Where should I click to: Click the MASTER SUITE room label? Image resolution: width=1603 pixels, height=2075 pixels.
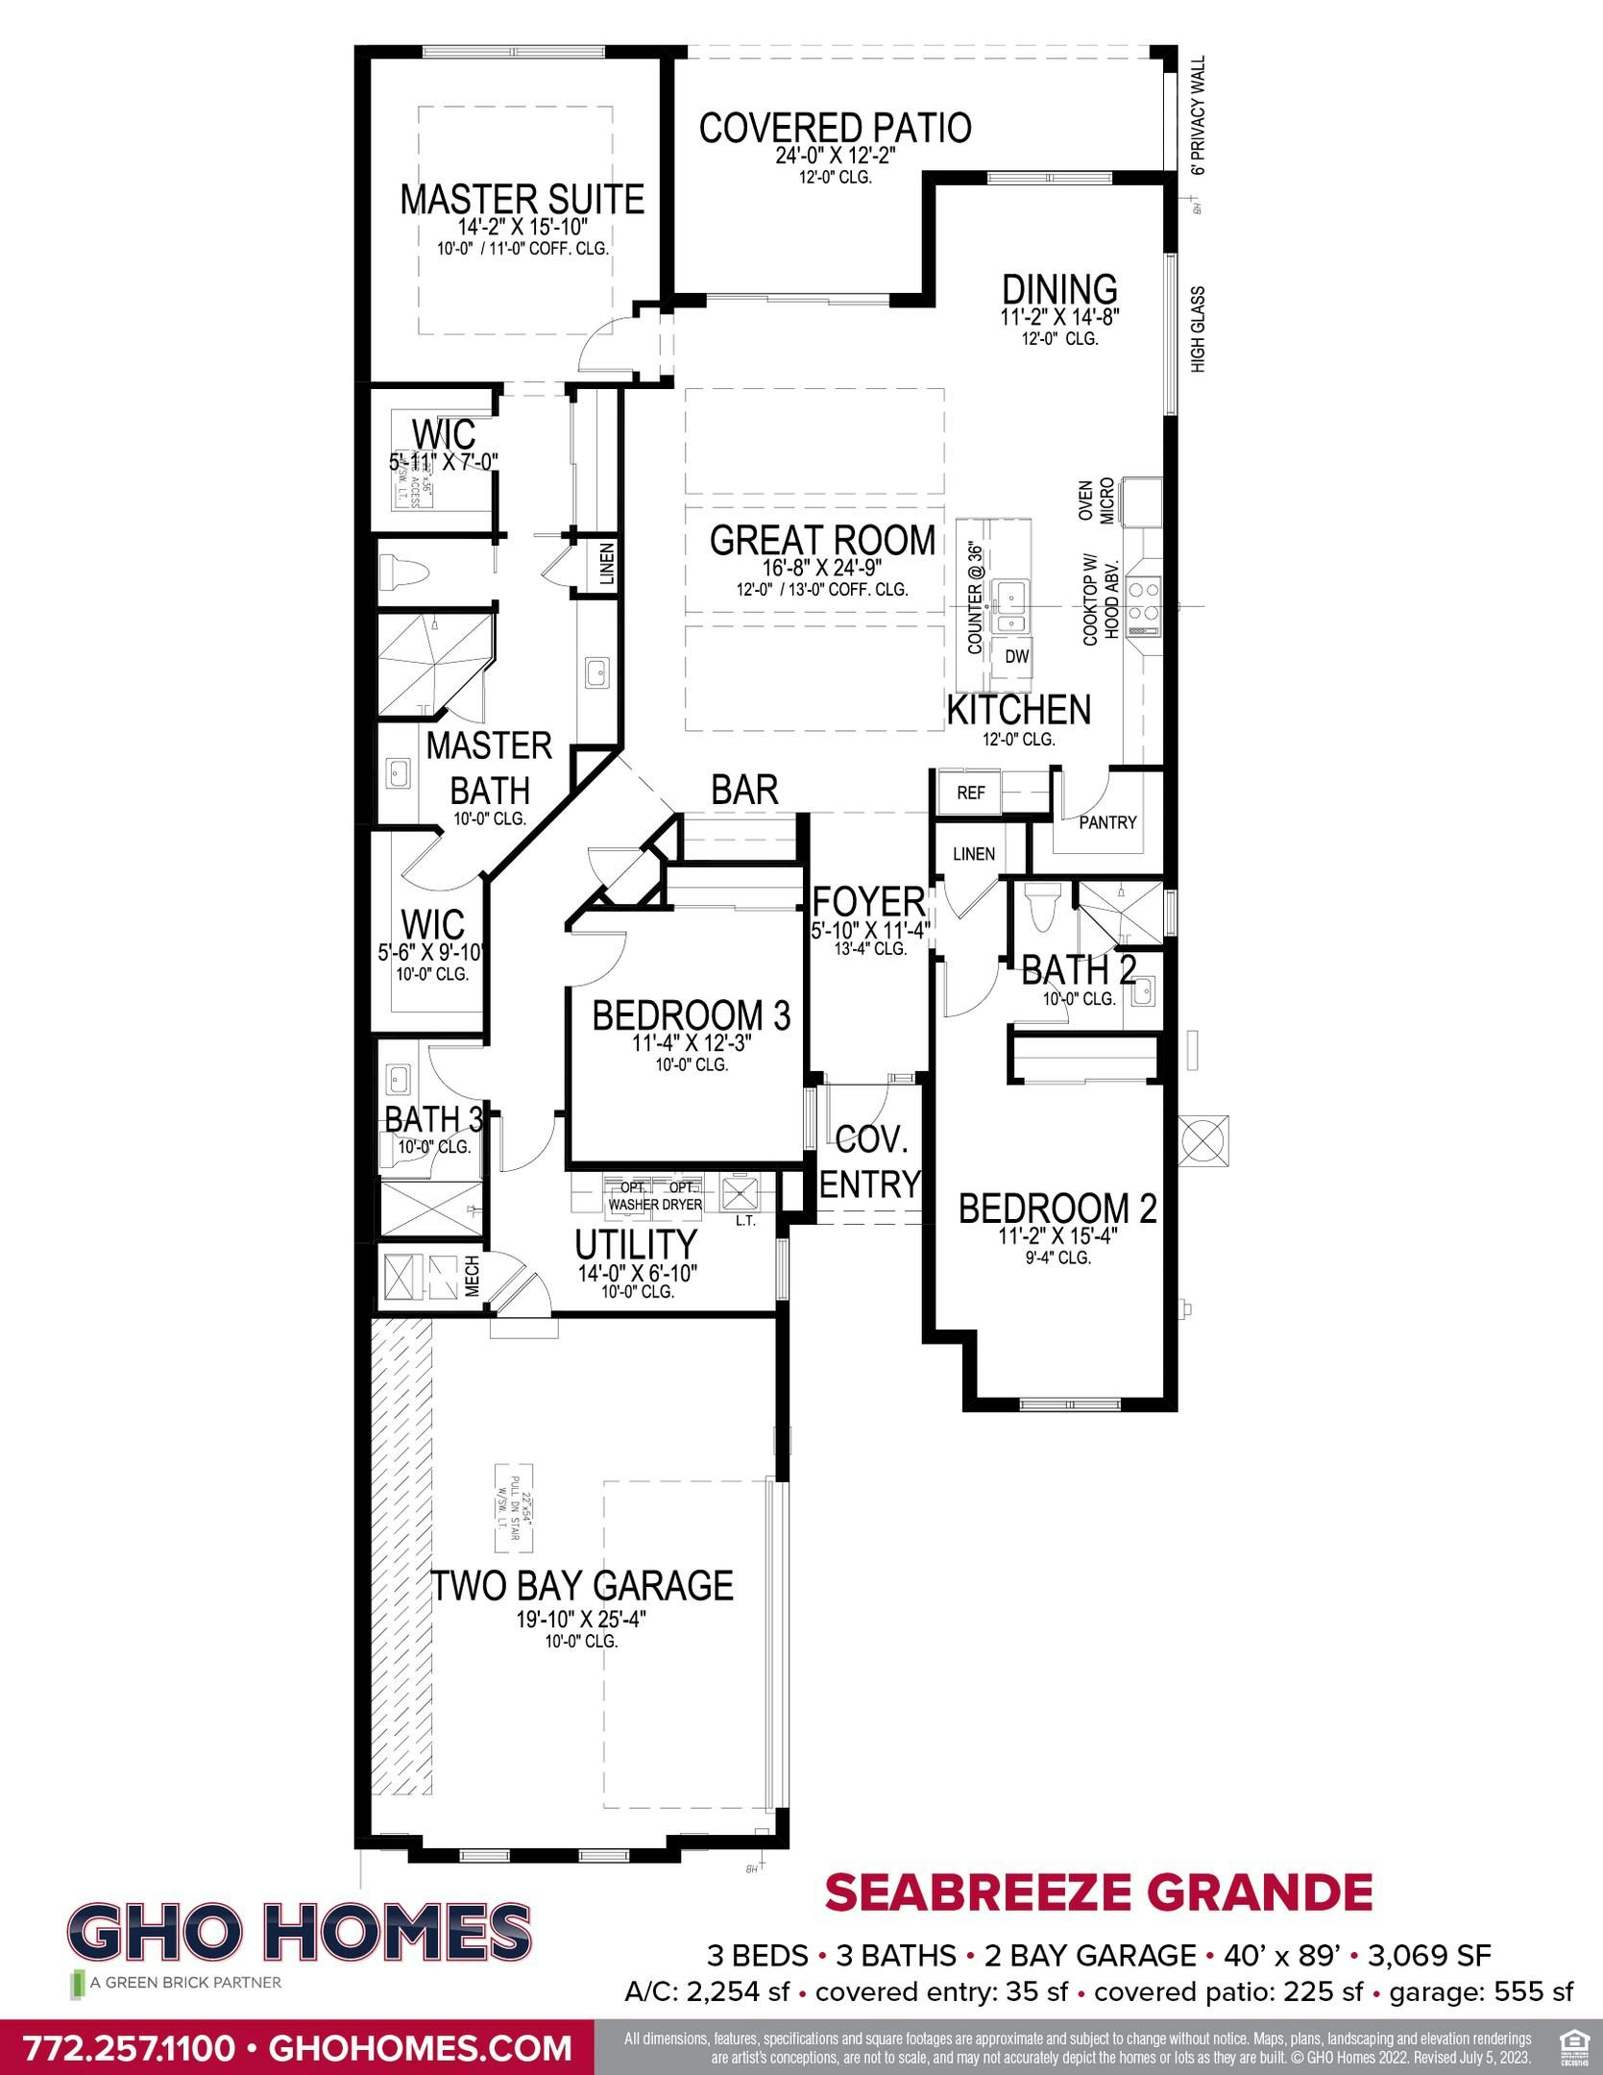coord(522,200)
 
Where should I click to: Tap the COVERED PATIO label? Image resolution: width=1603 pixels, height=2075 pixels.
coord(835,128)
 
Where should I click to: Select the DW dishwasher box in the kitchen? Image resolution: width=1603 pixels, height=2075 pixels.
coord(1016,657)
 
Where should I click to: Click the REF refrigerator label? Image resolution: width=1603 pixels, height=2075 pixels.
coord(971,793)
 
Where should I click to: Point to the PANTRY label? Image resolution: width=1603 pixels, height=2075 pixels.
coord(1107,822)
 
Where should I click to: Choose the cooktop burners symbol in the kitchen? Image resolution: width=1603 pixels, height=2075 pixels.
coord(1144,600)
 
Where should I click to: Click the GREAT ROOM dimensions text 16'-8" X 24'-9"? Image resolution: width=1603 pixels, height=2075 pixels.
coord(822,569)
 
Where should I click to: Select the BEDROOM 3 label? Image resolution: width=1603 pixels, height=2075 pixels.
coord(691,1016)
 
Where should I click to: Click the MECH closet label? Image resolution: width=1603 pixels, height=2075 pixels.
coord(473,1277)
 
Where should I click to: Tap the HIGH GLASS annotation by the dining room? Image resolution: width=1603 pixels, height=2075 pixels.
coord(1198,330)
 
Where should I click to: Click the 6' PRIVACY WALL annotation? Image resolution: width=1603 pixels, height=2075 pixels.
coord(1197,115)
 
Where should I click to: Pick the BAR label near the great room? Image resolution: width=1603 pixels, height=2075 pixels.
coord(744,790)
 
